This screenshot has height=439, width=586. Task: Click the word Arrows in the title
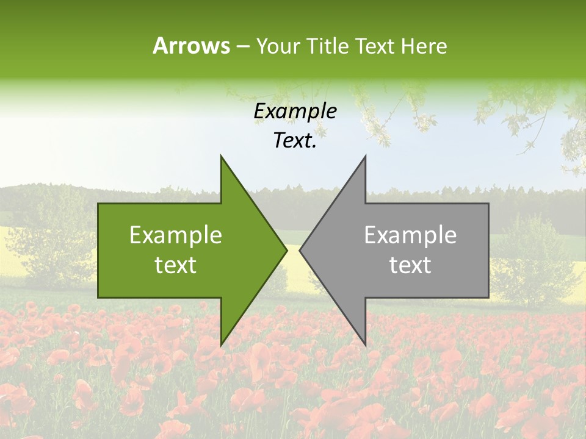pos(191,46)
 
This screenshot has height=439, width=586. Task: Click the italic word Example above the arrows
pos(295,112)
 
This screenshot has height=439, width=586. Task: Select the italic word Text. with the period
pos(295,140)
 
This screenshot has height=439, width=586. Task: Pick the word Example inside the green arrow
pos(176,235)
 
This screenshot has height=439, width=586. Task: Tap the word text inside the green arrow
pos(176,265)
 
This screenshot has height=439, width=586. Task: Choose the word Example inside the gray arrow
pos(410,235)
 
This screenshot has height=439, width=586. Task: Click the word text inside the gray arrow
pos(410,265)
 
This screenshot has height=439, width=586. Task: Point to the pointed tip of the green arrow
pos(286,250)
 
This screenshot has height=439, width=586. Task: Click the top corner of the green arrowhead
pos(222,157)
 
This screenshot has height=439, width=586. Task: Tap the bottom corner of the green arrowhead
pos(222,344)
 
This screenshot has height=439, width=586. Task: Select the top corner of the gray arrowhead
pos(365,157)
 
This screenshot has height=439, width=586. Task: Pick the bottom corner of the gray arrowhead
pos(365,344)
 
